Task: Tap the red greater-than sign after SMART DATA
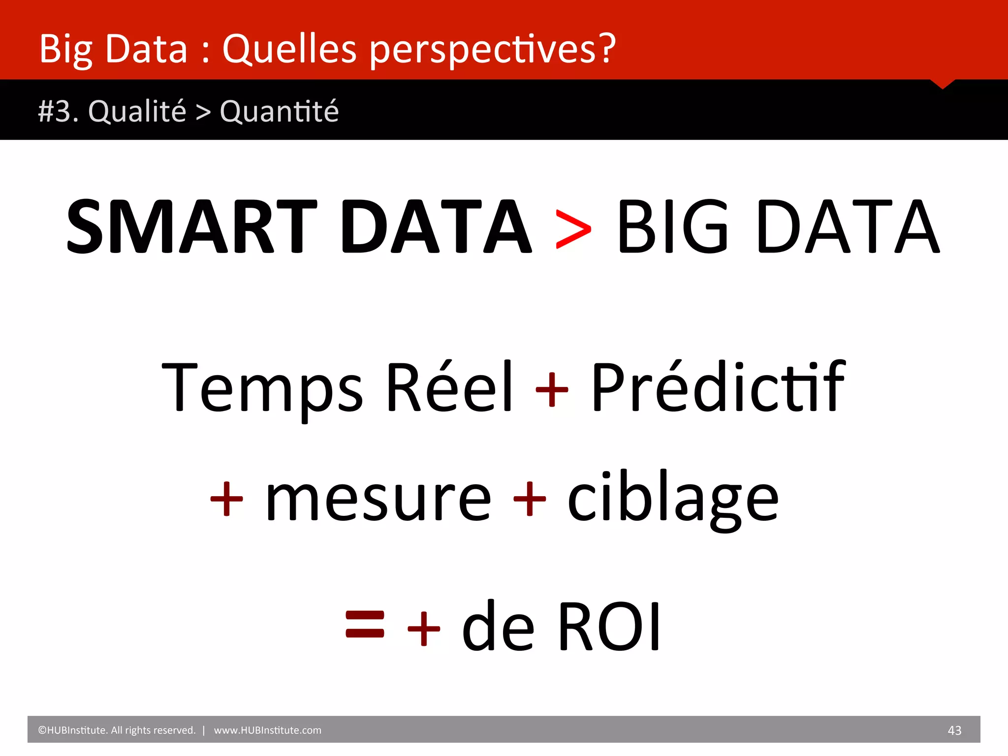(573, 229)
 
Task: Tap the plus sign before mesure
(226, 499)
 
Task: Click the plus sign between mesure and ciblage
(530, 499)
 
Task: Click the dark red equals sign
(365, 624)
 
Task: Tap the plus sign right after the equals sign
(424, 629)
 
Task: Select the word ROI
(610, 627)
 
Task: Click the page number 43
(954, 730)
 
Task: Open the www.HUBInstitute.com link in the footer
(267, 730)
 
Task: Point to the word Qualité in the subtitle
(137, 111)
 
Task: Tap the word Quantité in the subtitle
(279, 111)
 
